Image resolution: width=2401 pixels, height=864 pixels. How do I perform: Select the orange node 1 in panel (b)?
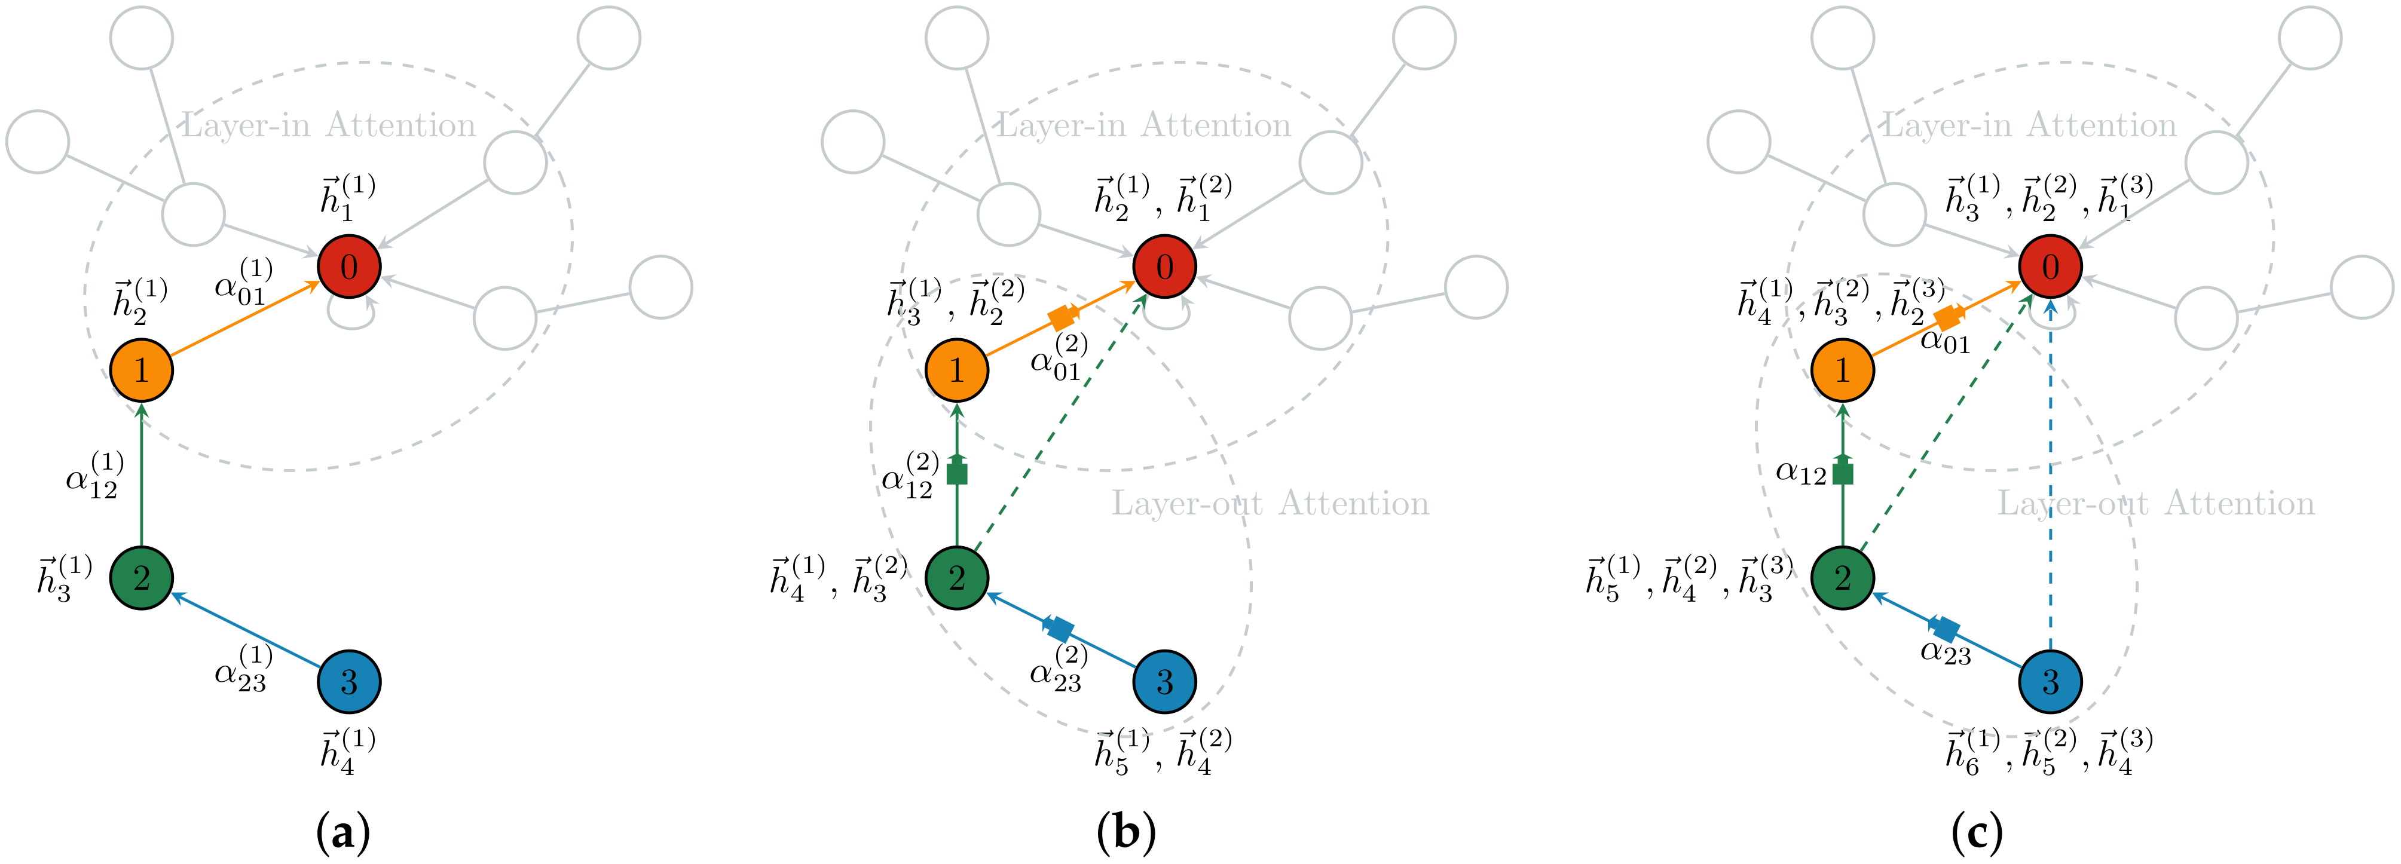tap(957, 370)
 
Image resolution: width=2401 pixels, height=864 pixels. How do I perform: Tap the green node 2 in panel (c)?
tap(1843, 578)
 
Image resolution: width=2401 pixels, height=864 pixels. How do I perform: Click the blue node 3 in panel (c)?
tap(2051, 681)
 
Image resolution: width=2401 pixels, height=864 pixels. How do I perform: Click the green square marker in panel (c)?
tap(1843, 473)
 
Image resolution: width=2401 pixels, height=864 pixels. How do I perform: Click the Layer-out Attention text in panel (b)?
tap(1270, 504)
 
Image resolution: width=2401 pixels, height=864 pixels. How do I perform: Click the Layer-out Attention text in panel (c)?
tap(2155, 504)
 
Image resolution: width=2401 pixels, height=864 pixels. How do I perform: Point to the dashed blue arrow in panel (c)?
tap(2051, 485)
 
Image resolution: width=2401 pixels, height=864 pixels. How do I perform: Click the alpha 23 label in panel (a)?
tap(242, 669)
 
